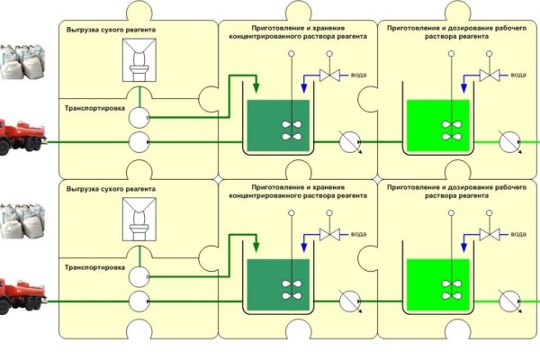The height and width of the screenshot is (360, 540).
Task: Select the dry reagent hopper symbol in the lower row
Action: coord(139,220)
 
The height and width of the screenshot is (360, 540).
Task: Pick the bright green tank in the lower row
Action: coord(437,284)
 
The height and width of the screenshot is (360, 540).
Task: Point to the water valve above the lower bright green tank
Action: coord(490,236)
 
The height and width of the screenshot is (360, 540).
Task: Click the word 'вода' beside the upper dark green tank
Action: coord(359,76)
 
